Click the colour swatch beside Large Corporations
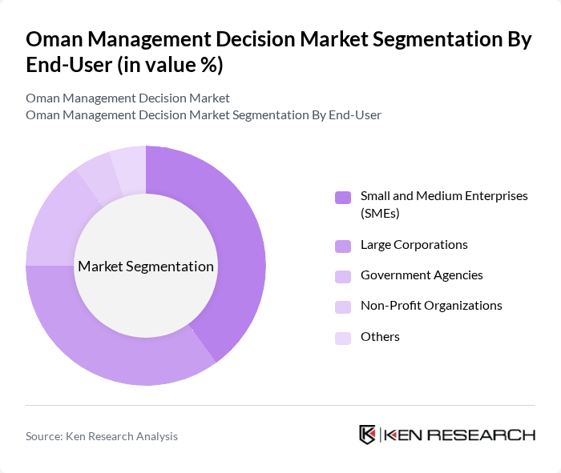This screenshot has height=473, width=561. point(343,246)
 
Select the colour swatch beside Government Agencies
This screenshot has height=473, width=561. point(343,276)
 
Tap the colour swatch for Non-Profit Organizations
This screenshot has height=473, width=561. point(343,307)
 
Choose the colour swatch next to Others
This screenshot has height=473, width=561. point(343,338)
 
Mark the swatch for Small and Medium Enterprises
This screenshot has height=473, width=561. point(343,197)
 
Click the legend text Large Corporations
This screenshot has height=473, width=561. point(414,245)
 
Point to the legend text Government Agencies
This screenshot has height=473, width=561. point(422,275)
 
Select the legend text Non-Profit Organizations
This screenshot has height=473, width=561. point(431,306)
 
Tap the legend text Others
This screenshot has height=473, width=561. point(380,337)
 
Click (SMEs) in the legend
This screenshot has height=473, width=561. point(380,214)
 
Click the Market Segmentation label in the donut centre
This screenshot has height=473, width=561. point(146,267)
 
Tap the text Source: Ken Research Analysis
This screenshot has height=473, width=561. point(102,436)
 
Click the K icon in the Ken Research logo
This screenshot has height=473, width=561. point(368,435)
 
